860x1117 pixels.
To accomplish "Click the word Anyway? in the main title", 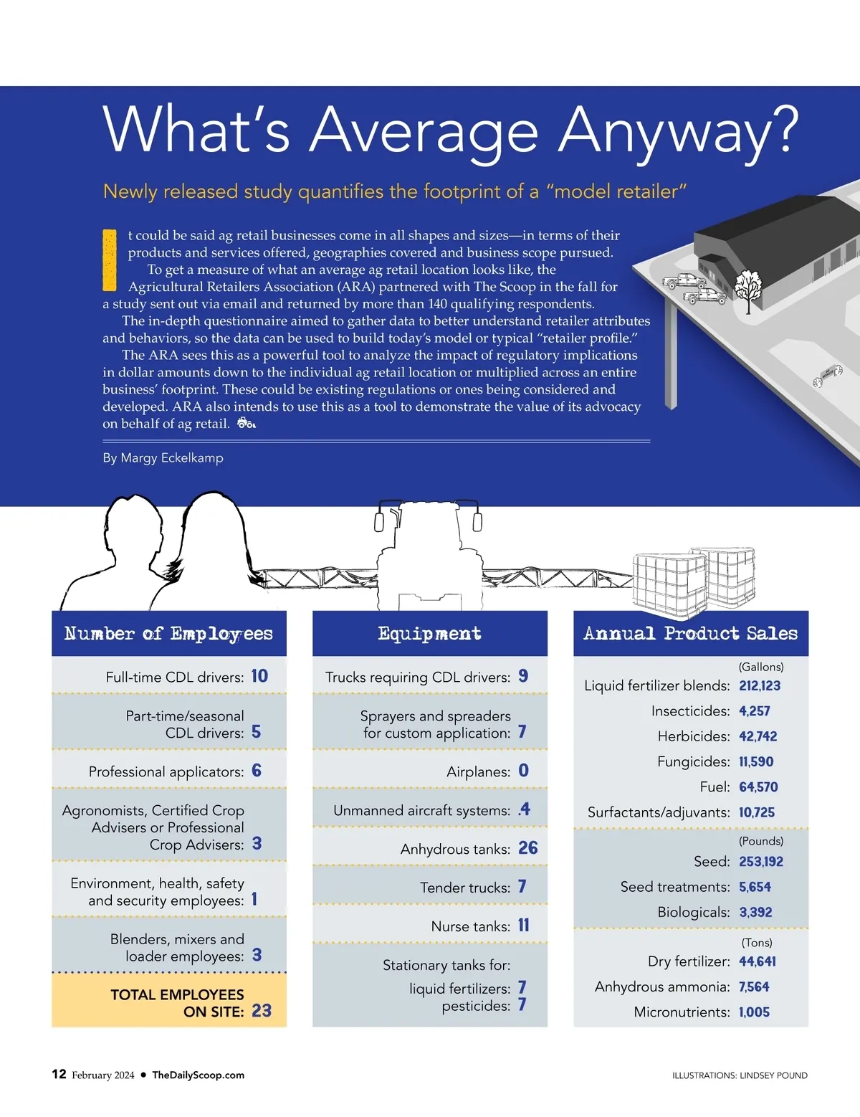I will (x=677, y=130).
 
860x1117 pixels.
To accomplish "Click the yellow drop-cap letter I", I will (x=110, y=260).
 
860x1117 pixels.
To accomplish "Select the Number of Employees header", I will (x=169, y=634).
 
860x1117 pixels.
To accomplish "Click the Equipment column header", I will (x=430, y=634).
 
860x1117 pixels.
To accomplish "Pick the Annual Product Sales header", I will (x=691, y=634).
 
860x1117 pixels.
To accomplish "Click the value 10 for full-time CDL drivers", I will (x=259, y=676).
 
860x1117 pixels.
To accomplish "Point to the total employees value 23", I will (x=262, y=1011).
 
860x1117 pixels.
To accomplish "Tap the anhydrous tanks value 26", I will (x=528, y=848).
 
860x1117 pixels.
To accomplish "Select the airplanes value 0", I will (x=524, y=771).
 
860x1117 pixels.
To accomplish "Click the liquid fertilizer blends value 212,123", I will (x=760, y=686).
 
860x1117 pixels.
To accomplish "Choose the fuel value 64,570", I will (x=758, y=787).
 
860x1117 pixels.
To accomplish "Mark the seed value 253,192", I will (x=761, y=862).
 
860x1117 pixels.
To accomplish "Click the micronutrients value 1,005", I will (x=754, y=1012).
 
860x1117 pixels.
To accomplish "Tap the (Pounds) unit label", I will (x=761, y=841).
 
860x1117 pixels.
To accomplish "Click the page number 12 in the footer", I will (x=59, y=1074).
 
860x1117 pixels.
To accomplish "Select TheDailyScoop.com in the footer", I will (x=198, y=1075).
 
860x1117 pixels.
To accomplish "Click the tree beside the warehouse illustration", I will (x=748, y=288).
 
